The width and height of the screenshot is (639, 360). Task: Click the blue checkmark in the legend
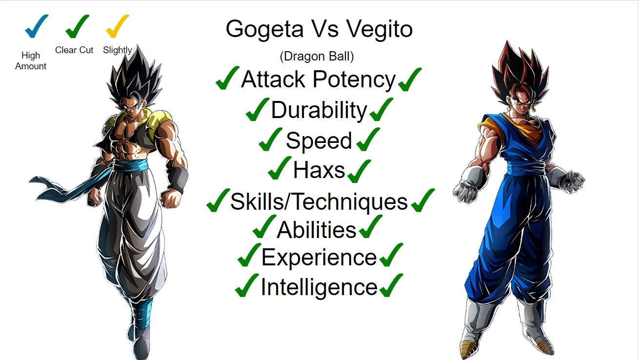click(36, 26)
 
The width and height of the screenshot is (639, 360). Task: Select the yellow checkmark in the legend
click(117, 26)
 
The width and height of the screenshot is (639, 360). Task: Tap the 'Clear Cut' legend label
click(74, 50)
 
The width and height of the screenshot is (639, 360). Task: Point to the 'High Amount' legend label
click(31, 61)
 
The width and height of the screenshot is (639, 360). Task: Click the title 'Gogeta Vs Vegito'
click(319, 29)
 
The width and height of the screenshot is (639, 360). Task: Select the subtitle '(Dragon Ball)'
click(317, 57)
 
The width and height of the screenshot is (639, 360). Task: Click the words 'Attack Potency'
click(318, 80)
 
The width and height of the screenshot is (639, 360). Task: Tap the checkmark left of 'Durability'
click(257, 110)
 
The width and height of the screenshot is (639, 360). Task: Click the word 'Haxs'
click(319, 170)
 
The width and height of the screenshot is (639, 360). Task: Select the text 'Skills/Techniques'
click(319, 201)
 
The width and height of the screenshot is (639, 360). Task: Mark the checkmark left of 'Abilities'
click(264, 227)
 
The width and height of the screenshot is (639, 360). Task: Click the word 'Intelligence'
click(319, 287)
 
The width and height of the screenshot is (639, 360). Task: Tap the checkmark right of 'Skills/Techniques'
click(422, 200)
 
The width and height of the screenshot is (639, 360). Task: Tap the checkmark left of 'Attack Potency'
click(227, 79)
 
